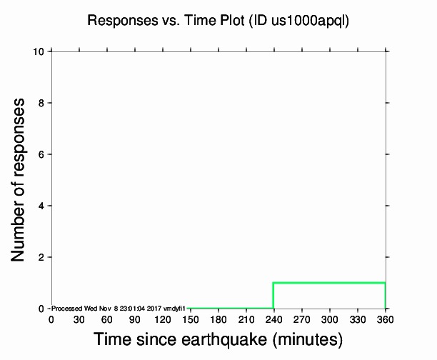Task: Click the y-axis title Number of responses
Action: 21,179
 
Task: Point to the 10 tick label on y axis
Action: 40,51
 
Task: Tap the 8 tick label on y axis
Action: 43,103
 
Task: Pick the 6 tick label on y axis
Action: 43,154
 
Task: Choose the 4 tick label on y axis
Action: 43,206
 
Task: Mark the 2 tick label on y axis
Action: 43,257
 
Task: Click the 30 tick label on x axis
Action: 79,319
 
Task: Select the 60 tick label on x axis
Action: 106,319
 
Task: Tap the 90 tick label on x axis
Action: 134,319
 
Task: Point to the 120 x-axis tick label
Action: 162,319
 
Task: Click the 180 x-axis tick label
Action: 218,319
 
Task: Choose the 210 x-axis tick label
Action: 246,319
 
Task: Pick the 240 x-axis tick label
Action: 273,319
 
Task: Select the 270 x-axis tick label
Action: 301,319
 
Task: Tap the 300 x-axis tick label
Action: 329,319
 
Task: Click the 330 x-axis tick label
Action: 357,319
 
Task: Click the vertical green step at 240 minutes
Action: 273,296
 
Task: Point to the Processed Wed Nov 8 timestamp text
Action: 118,308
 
